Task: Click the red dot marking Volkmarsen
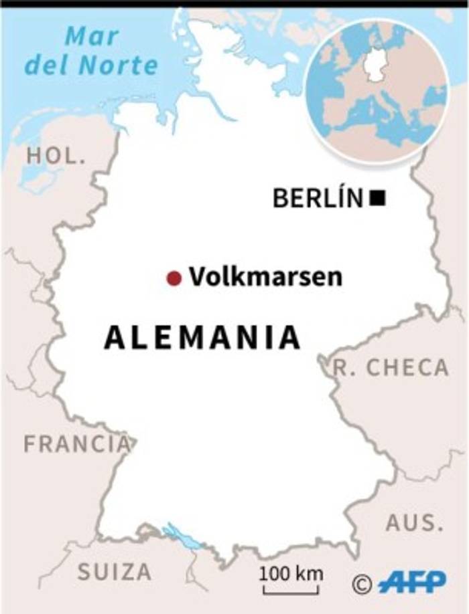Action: tap(174, 278)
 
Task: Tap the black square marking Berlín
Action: tap(378, 198)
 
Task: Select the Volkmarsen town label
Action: tap(265, 276)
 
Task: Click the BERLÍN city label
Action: tap(318, 198)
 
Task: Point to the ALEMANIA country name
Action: tap(202, 338)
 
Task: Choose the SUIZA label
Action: tap(115, 572)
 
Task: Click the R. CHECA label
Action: tap(391, 367)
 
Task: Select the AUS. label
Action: tap(415, 522)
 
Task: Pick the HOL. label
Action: tap(56, 157)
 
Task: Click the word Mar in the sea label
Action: tap(92, 37)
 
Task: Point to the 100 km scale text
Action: tap(291, 573)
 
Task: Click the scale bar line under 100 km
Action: tap(291, 591)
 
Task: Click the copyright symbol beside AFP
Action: tap(362, 584)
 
